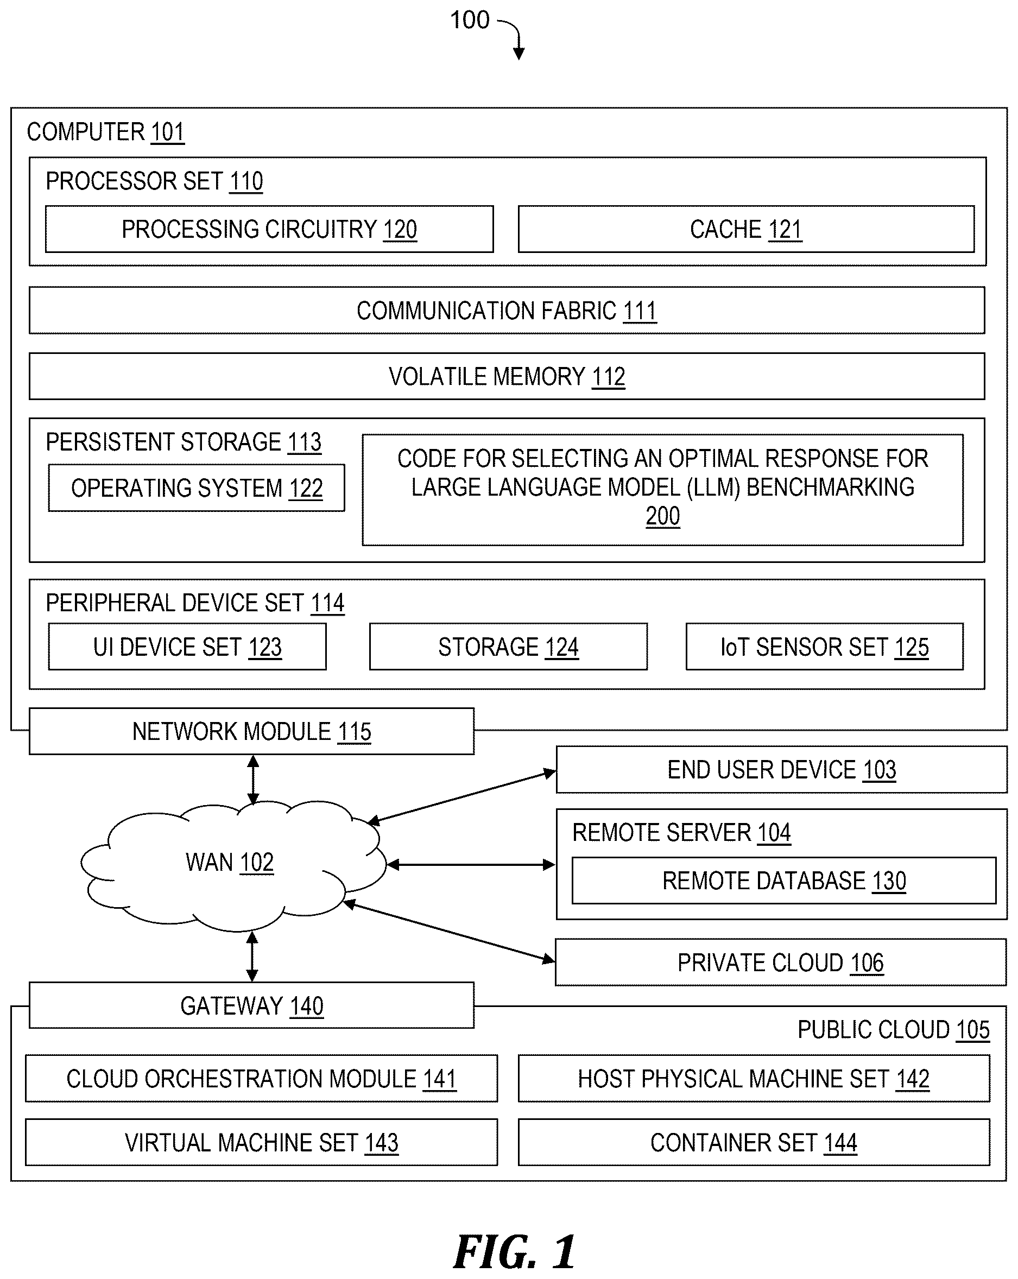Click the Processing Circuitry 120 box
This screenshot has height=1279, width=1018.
tap(269, 229)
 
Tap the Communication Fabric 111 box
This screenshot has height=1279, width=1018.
tap(507, 311)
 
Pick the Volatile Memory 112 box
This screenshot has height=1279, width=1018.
tap(507, 376)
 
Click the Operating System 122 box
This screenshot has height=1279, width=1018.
tap(197, 487)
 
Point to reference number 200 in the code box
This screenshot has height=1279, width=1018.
tap(662, 516)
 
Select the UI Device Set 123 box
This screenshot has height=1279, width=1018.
tap(187, 647)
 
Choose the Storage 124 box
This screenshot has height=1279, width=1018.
tap(508, 647)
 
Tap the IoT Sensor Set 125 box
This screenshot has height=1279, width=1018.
tap(825, 647)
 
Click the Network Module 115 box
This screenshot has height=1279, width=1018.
tap(251, 731)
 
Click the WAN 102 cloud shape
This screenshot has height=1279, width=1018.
tap(231, 863)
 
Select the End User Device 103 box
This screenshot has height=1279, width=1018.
tap(781, 769)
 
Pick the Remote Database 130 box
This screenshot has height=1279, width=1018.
tap(783, 881)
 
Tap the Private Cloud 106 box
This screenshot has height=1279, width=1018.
tap(781, 962)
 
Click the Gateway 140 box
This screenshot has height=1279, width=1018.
tap(251, 1005)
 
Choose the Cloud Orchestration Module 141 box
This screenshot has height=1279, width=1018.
tap(261, 1079)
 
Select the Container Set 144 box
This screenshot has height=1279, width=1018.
tap(754, 1143)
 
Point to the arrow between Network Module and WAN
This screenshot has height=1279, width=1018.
tap(254, 780)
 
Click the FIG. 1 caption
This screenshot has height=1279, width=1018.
tap(514, 1252)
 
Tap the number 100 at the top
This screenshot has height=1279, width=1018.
tap(470, 20)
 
